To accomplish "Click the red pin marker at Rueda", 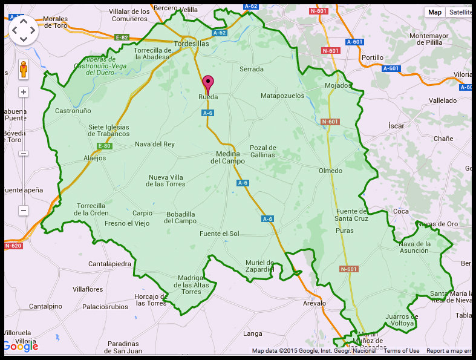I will (x=208, y=83).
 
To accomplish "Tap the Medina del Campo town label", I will (x=227, y=157).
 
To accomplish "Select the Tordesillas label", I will (x=191, y=44).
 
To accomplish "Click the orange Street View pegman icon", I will (x=24, y=70).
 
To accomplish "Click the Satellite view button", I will (x=459, y=12).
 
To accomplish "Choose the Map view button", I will (x=435, y=12).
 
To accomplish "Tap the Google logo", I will (x=21, y=346).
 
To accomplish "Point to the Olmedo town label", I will (x=330, y=171).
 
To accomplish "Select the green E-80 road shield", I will (x=104, y=146).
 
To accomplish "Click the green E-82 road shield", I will (x=122, y=38).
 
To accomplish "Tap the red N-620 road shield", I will (x=13, y=246).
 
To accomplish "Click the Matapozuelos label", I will (x=282, y=96).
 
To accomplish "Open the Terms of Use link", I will (x=401, y=351).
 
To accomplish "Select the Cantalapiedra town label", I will (x=109, y=264).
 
